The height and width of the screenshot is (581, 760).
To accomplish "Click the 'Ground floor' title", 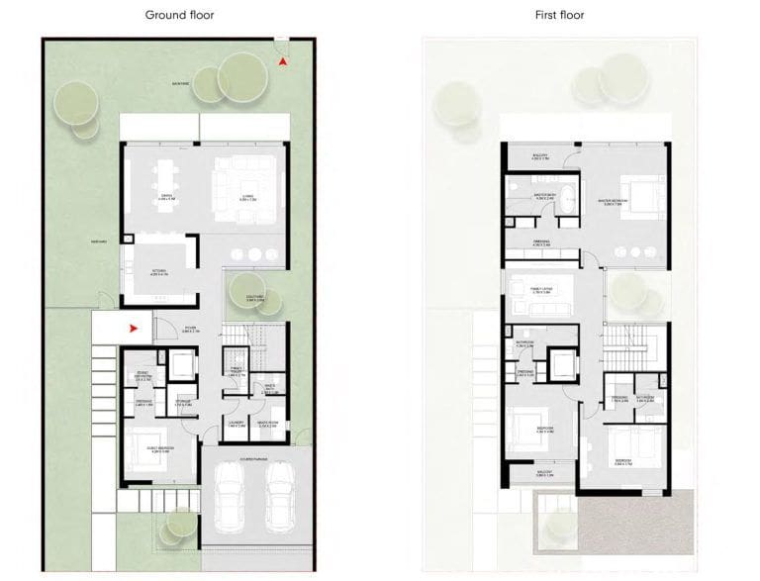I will pyautogui.click(x=179, y=15).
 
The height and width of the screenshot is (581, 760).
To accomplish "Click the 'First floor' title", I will pyautogui.click(x=559, y=15).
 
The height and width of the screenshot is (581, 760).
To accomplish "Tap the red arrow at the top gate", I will pyautogui.click(x=284, y=62).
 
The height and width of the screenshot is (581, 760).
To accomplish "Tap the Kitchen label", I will pyautogui.click(x=158, y=273).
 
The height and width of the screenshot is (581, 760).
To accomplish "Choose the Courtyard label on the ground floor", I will pyautogui.click(x=254, y=298).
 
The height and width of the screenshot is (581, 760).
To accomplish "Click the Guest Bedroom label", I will pyautogui.click(x=147, y=451).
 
